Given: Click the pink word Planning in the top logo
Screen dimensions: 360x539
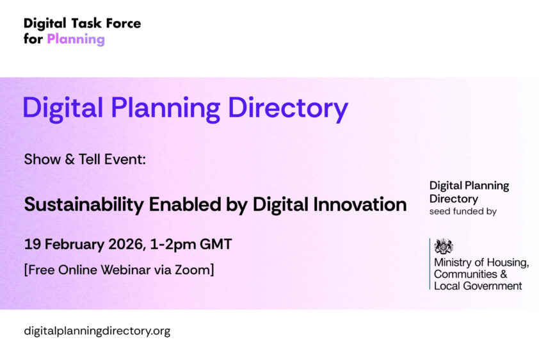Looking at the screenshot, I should tap(76, 39).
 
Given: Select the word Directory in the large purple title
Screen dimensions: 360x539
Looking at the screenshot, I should tap(288, 108).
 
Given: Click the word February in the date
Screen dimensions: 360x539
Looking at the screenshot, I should tap(75, 245).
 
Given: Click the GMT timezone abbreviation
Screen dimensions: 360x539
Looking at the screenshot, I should tap(216, 245).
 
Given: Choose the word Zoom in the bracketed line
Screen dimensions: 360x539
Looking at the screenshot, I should tap(193, 270).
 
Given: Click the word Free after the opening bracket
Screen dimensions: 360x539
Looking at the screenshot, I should tap(42, 270).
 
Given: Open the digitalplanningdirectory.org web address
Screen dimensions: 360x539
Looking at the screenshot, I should tap(97, 331).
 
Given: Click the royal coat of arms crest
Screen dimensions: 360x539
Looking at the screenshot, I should tap(444, 247).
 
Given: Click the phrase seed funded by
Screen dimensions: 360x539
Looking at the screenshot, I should tap(463, 211).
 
